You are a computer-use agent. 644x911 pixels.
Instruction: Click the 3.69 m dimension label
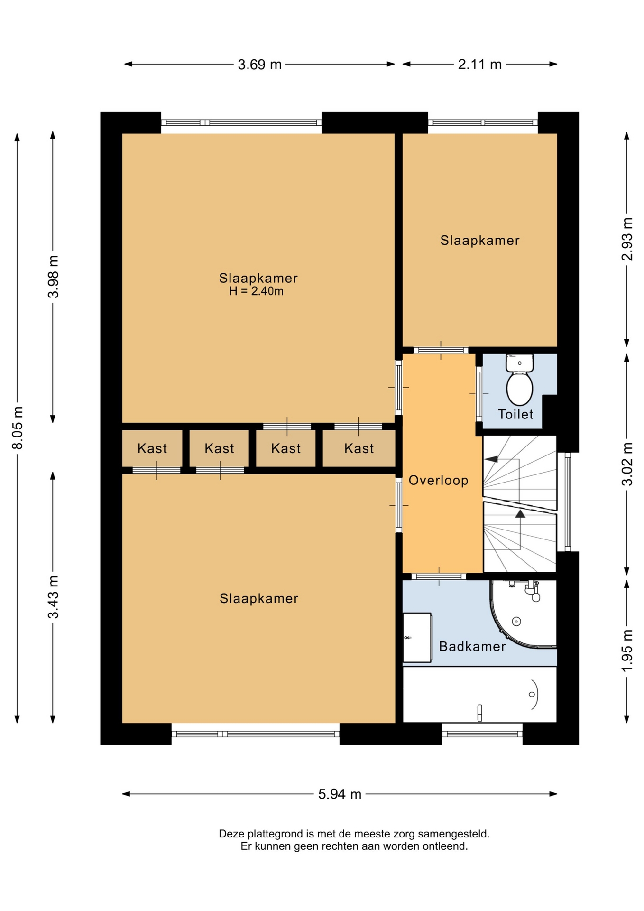259,65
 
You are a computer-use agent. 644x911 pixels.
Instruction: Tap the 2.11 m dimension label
479,65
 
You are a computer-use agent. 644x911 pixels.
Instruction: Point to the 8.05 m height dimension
18,428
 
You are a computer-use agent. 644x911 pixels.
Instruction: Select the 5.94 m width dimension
340,794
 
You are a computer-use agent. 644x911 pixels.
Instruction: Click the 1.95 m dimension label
627,651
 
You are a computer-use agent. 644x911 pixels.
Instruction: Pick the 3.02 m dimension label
627,464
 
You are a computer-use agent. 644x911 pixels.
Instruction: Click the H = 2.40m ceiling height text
256,291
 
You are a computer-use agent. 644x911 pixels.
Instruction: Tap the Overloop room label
438,481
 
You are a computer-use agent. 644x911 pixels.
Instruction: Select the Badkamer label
472,646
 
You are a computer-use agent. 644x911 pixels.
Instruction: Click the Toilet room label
515,414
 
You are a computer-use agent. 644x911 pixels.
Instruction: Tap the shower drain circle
517,622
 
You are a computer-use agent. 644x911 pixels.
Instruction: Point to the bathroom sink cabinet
417,638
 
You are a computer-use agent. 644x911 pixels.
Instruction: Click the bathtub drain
532,695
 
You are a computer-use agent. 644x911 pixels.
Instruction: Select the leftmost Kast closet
152,448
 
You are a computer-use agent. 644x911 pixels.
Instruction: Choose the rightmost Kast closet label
359,448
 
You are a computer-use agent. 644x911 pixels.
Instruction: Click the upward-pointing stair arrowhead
520,513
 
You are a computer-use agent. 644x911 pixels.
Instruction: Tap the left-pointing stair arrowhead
491,459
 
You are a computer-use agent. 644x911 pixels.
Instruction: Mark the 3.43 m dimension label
53,597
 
